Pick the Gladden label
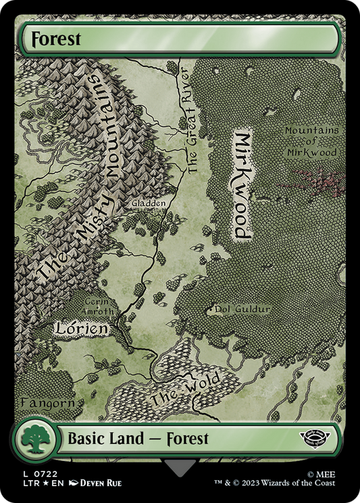[x=148, y=203]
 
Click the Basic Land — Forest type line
[x=138, y=439]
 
